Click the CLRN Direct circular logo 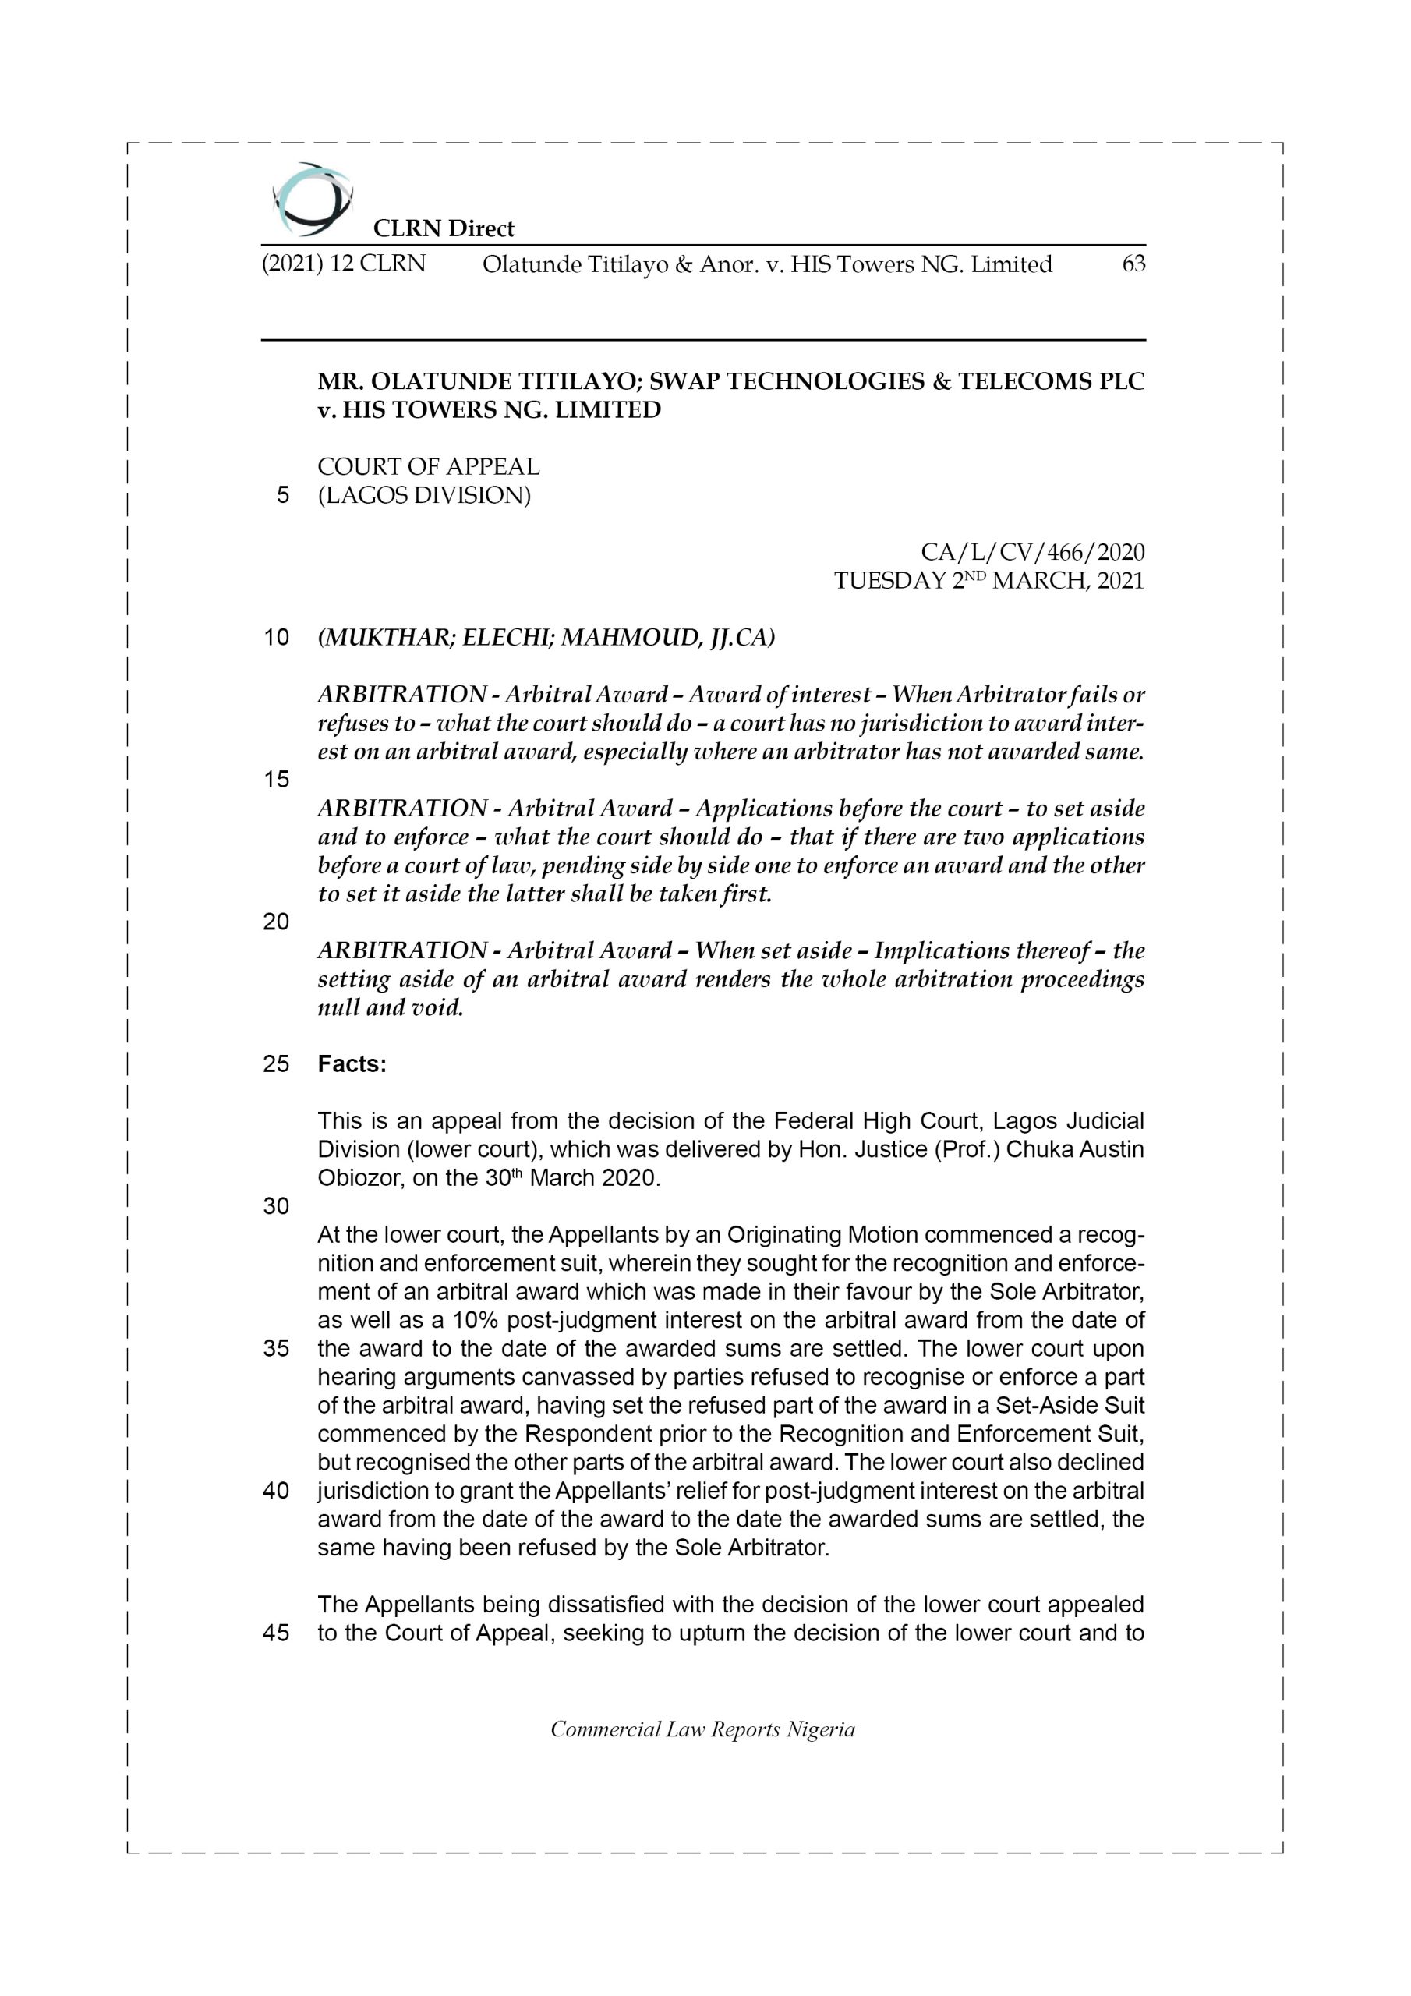coord(311,199)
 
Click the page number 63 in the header coord(1133,264)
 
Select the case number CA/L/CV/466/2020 coord(1032,551)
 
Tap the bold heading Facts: coord(352,1064)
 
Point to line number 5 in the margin coord(282,496)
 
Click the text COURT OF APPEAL coord(429,467)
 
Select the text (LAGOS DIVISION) coord(424,496)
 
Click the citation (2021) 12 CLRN coord(344,264)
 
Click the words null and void coord(391,1007)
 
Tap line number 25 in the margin coord(276,1064)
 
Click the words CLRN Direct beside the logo coord(444,228)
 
